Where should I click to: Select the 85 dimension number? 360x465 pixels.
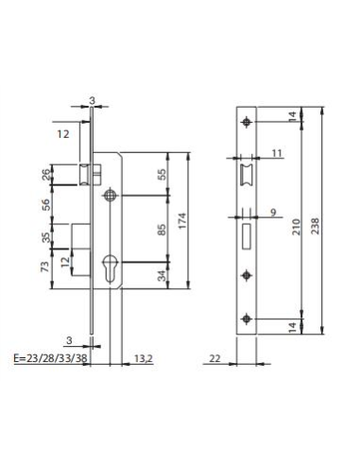point(161,230)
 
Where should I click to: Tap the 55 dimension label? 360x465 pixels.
point(161,174)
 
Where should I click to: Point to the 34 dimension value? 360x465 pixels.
point(161,276)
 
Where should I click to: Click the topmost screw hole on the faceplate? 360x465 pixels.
point(248,121)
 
